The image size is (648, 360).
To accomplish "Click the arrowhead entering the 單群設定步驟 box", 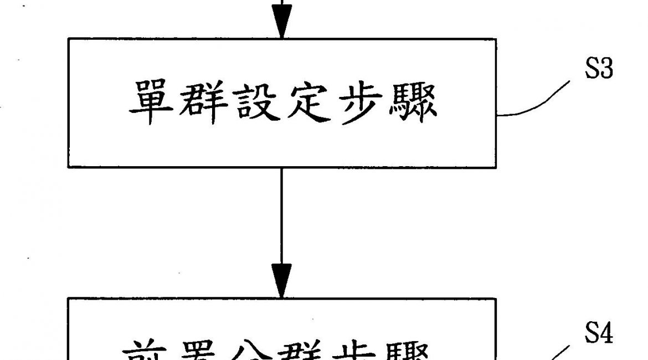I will [x=281, y=25].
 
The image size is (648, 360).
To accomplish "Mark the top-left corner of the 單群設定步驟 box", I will [x=68, y=39].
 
